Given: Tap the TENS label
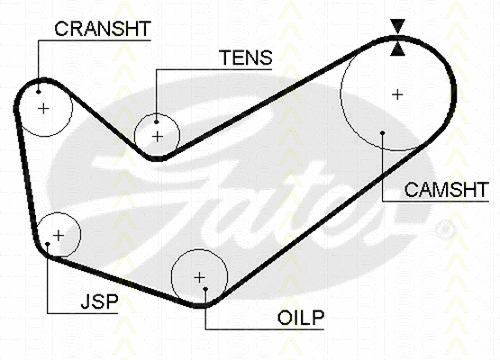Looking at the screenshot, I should pyautogui.click(x=244, y=58).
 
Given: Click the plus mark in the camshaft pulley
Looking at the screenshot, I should pyautogui.click(x=397, y=94).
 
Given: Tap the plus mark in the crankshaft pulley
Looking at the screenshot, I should pyautogui.click(x=42, y=107).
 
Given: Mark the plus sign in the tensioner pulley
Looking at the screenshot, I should pyautogui.click(x=157, y=135).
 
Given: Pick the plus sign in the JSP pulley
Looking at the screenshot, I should pyautogui.click(x=59, y=235).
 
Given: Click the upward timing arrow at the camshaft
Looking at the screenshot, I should pyautogui.click(x=398, y=46).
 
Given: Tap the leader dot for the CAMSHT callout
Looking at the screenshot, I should pyautogui.click(x=383, y=132).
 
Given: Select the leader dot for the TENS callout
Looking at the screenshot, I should pyautogui.click(x=157, y=117).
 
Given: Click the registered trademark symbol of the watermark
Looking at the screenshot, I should pyautogui.click(x=446, y=230).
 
